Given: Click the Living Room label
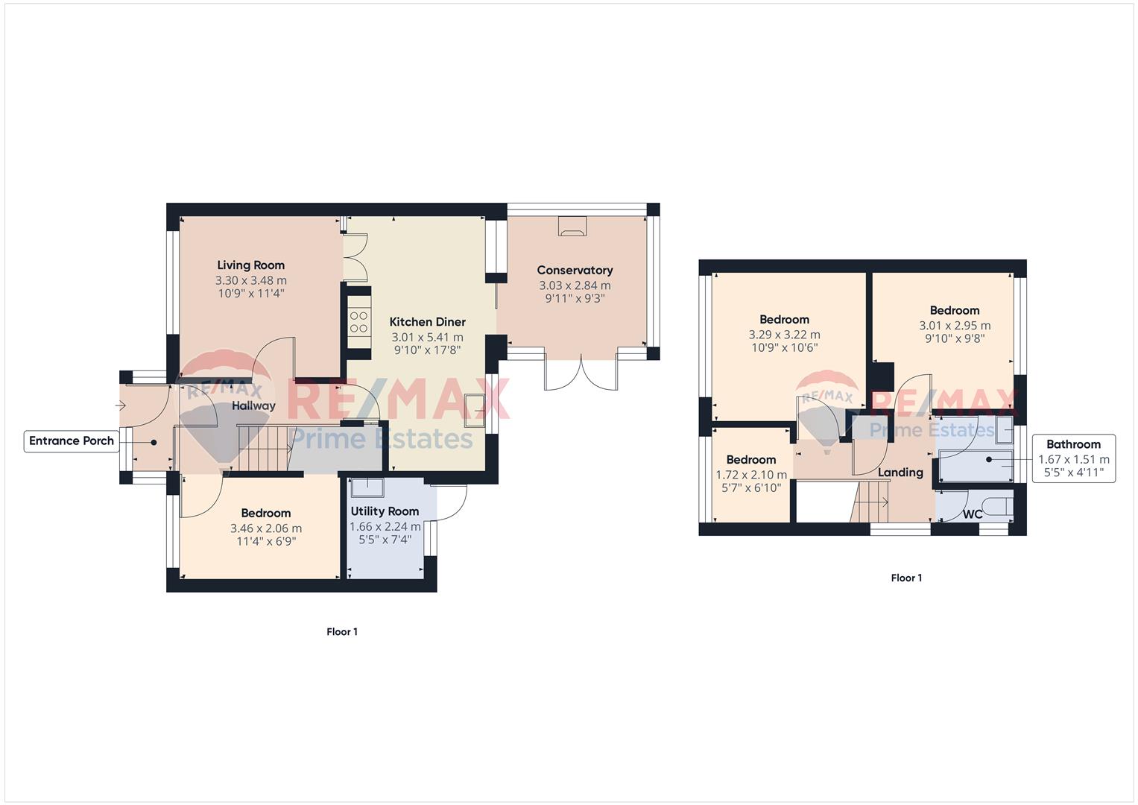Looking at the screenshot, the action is click(x=250, y=265).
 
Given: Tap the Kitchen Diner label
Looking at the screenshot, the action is click(x=427, y=322).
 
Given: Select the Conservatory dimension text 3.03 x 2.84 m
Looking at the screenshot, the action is click(x=575, y=285).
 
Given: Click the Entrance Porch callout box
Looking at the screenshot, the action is click(x=72, y=441).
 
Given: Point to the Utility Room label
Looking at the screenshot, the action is click(x=385, y=511).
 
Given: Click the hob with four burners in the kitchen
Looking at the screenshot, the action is click(x=358, y=322).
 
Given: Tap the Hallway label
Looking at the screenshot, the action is click(x=253, y=406).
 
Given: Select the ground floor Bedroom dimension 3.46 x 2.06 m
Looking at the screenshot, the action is click(x=266, y=528).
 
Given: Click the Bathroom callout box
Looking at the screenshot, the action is click(x=1073, y=458).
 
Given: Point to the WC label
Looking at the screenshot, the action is click(x=973, y=514).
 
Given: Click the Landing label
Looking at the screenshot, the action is click(x=900, y=473).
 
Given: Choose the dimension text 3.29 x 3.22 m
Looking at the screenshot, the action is click(x=784, y=335).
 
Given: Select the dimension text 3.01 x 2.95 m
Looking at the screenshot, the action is click(x=955, y=326).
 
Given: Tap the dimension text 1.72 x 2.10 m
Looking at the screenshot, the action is click(x=751, y=476).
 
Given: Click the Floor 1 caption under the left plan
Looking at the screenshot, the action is click(x=342, y=632).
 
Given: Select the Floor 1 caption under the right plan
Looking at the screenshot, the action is click(x=906, y=578).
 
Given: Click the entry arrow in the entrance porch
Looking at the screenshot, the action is click(x=121, y=405).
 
